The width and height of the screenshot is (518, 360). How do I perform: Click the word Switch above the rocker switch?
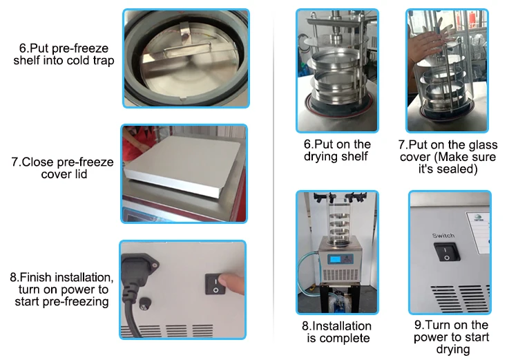pos(443,236)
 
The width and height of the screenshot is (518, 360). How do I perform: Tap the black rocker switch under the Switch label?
pos(447,252)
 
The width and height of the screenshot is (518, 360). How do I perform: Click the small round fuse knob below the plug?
pos(145,303)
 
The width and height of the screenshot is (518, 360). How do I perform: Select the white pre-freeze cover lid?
pos(182,164)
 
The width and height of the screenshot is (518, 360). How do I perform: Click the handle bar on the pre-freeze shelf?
pos(187,46)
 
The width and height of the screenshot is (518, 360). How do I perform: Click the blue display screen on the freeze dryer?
pos(334,259)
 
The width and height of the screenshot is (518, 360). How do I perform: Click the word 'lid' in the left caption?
pos(81,174)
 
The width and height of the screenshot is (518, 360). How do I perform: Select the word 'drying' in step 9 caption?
pos(453,350)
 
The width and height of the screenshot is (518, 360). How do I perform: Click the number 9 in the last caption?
pos(418,325)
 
